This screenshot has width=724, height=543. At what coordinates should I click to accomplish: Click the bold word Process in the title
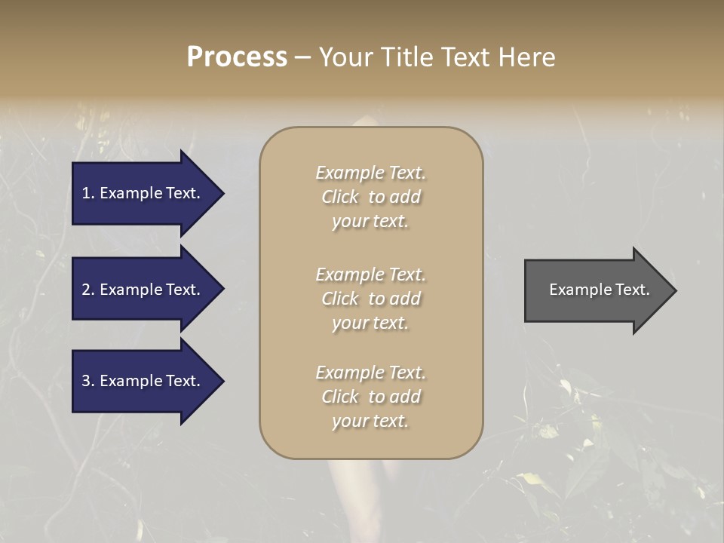pyautogui.click(x=237, y=57)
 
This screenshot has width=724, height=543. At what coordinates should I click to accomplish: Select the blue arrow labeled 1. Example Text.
pyautogui.click(x=143, y=193)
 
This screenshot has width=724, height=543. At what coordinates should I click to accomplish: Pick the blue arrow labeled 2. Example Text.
pyautogui.click(x=143, y=290)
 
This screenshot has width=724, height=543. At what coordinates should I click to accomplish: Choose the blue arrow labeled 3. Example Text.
pyautogui.click(x=143, y=381)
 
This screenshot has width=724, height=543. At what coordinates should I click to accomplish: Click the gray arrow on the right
pyautogui.click(x=596, y=290)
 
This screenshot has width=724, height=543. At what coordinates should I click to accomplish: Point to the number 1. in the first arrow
pyautogui.click(x=88, y=193)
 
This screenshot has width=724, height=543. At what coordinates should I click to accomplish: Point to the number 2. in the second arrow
pyautogui.click(x=88, y=290)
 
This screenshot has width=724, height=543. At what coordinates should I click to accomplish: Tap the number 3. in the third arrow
pyautogui.click(x=88, y=381)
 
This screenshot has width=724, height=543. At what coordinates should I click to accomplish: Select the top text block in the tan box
pyautogui.click(x=371, y=197)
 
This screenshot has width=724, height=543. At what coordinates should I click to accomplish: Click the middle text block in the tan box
pyautogui.click(x=371, y=299)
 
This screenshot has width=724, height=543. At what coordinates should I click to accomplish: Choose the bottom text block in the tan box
pyautogui.click(x=371, y=397)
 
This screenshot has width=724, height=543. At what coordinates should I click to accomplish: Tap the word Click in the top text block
pyautogui.click(x=340, y=197)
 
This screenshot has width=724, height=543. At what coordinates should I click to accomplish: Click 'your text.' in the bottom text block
pyautogui.click(x=370, y=421)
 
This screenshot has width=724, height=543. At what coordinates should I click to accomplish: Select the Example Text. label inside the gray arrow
pyautogui.click(x=599, y=290)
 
